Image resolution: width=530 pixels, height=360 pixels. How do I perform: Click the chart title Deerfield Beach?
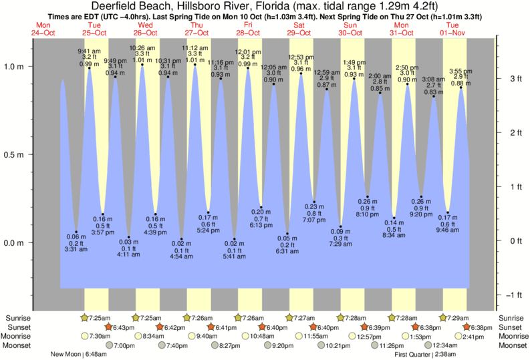coord(264,7)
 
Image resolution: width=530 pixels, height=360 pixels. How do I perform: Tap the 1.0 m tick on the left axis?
coord(14,67)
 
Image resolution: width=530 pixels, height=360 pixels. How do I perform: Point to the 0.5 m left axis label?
coord(14,155)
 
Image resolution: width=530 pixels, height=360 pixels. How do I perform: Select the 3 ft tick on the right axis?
coord(515,79)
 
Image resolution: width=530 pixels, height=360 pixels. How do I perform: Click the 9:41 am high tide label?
coord(89,51)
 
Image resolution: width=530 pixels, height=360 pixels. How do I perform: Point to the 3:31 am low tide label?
coord(76,249)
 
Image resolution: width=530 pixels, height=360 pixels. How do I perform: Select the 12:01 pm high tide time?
coord(248,51)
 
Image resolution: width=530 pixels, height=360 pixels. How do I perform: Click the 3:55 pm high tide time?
coord(461,71)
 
